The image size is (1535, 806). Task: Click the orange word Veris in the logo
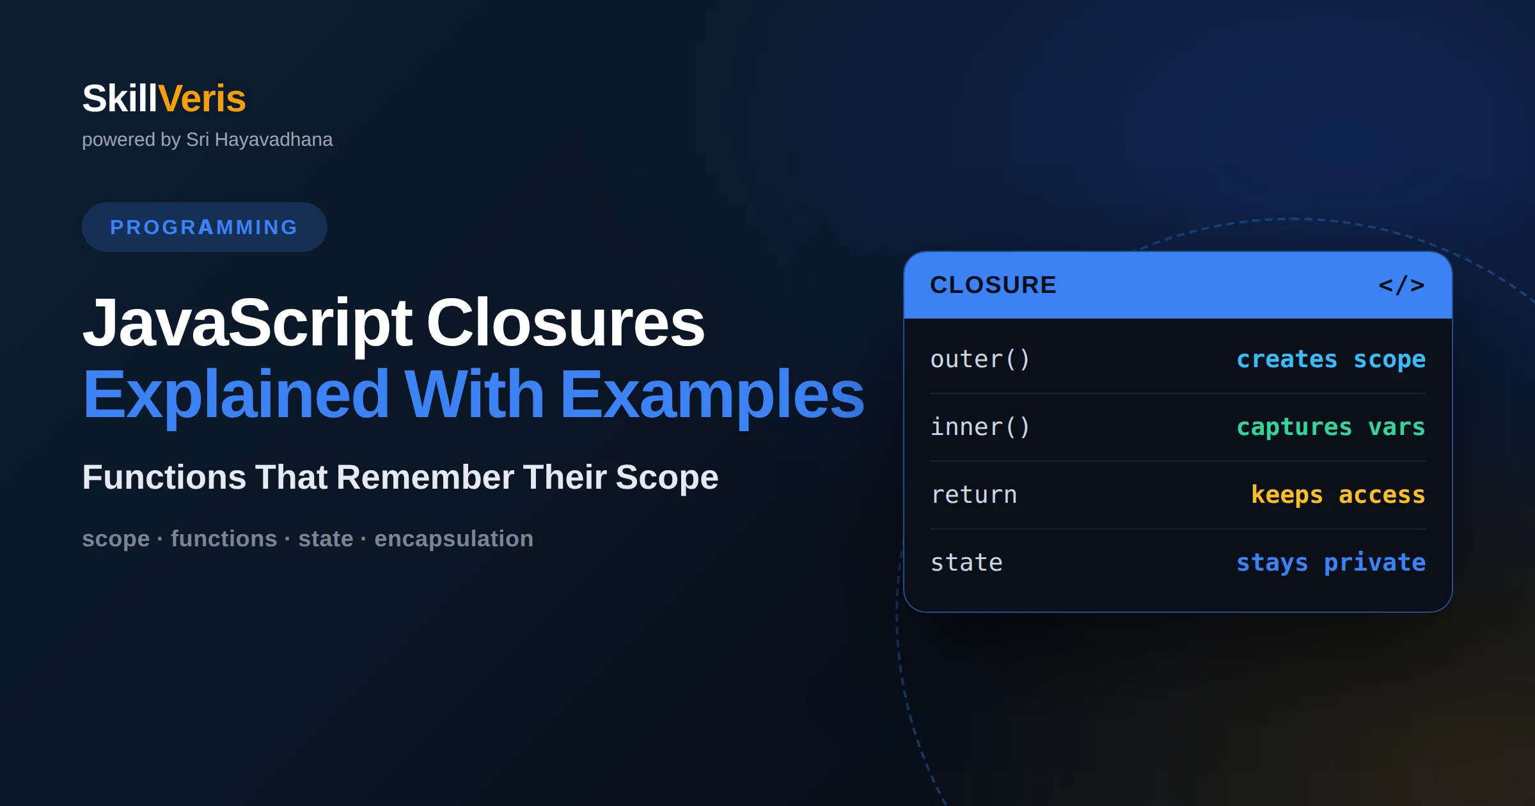pyautogui.click(x=202, y=99)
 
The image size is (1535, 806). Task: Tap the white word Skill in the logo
pyautogui.click(x=120, y=99)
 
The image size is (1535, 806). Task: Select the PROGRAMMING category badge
pyautogui.click(x=205, y=227)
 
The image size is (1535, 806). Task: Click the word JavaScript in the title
pyautogui.click(x=248, y=323)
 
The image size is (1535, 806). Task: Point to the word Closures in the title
pyautogui.click(x=565, y=323)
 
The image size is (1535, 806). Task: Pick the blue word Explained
pyautogui.click(x=236, y=395)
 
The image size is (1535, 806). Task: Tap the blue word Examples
pyautogui.click(x=712, y=395)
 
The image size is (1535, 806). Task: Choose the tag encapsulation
pyautogui.click(x=454, y=539)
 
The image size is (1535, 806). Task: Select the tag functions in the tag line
pyautogui.click(x=224, y=539)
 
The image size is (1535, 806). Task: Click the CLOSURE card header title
pyautogui.click(x=993, y=285)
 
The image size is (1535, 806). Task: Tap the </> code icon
pyautogui.click(x=1401, y=285)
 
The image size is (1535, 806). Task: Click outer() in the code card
pyautogui.click(x=980, y=360)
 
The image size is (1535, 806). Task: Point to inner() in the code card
pyautogui.click(x=980, y=427)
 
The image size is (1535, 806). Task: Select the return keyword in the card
pyautogui.click(x=974, y=495)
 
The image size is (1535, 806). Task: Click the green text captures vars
pyautogui.click(x=1331, y=427)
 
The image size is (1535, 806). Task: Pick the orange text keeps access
pyautogui.click(x=1338, y=494)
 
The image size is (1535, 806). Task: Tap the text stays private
pyautogui.click(x=1331, y=563)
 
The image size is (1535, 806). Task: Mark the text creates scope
pyautogui.click(x=1331, y=360)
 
